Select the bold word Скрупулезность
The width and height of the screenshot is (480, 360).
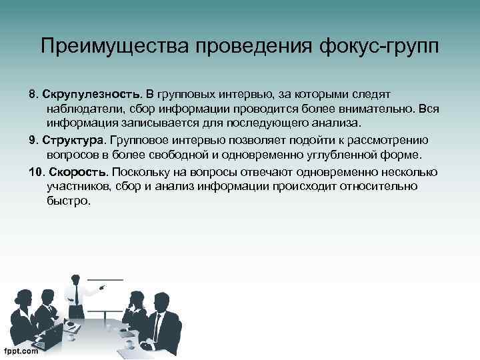90,91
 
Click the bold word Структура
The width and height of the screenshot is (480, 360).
73,140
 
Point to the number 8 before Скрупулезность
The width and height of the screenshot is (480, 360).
32,91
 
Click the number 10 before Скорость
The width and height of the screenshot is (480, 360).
35,172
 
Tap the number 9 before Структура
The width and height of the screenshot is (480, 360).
32,140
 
